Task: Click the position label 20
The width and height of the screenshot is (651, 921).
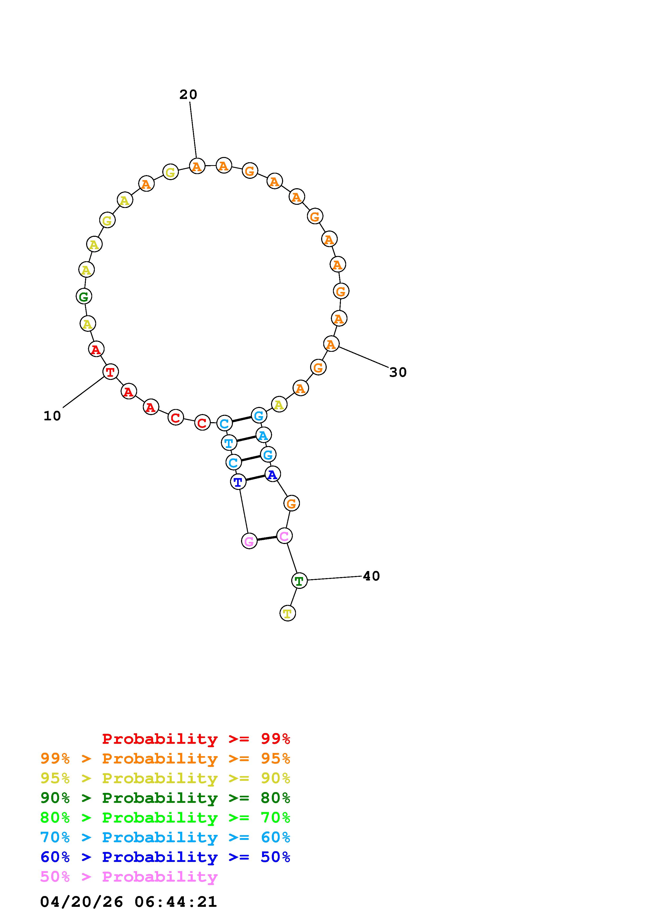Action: [188, 95]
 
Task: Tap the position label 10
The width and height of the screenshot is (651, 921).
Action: [52, 416]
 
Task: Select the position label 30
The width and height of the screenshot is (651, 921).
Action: [398, 372]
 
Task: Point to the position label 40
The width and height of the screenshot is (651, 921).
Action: [371, 576]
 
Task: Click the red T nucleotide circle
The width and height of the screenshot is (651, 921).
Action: [110, 371]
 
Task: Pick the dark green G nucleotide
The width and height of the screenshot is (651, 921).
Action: [84, 296]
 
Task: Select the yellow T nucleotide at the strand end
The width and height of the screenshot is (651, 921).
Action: [288, 613]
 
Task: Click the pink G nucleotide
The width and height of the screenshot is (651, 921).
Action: [249, 541]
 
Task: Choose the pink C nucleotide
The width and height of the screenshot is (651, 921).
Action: [284, 536]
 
